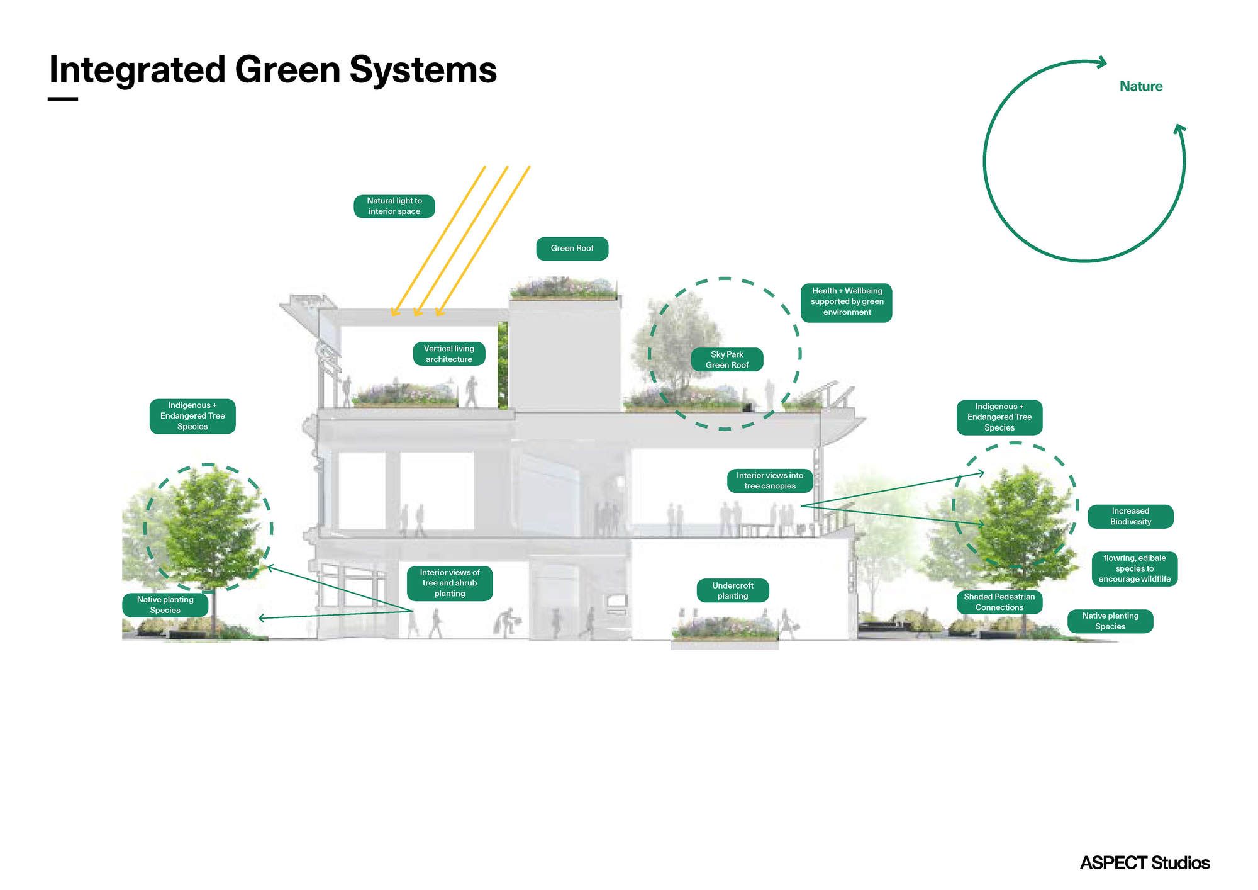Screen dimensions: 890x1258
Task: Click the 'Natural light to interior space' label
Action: point(394,206)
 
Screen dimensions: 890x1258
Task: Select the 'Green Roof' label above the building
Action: point(572,249)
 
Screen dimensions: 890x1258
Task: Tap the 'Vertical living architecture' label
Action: point(449,354)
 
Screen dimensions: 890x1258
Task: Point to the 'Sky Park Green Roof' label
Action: point(727,359)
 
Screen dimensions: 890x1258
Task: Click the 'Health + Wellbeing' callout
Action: point(847,302)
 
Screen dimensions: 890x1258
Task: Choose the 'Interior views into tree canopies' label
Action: point(770,481)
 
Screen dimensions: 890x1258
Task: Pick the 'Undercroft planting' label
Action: point(733,590)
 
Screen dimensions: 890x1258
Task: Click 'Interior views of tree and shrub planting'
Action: point(450,583)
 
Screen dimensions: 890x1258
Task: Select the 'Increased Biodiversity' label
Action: point(1130,516)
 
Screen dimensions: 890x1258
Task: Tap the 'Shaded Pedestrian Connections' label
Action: point(999,602)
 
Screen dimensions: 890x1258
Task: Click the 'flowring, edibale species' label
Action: point(1134,568)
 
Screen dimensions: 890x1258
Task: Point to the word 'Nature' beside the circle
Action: point(1140,86)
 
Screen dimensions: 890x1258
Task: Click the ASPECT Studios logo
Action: point(1144,862)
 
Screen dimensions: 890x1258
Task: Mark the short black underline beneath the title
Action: point(63,99)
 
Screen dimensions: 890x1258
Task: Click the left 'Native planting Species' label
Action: point(165,605)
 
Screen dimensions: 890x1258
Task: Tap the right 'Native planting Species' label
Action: point(1110,621)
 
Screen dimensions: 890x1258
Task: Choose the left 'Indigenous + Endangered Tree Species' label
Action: point(192,416)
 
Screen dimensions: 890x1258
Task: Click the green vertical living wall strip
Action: point(503,365)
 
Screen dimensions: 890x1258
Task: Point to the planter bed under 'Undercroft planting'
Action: point(725,629)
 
